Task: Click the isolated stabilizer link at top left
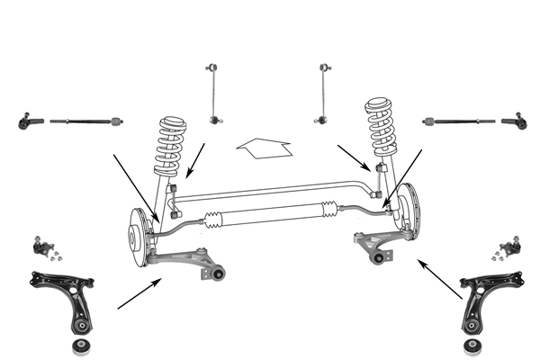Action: point(213,93)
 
